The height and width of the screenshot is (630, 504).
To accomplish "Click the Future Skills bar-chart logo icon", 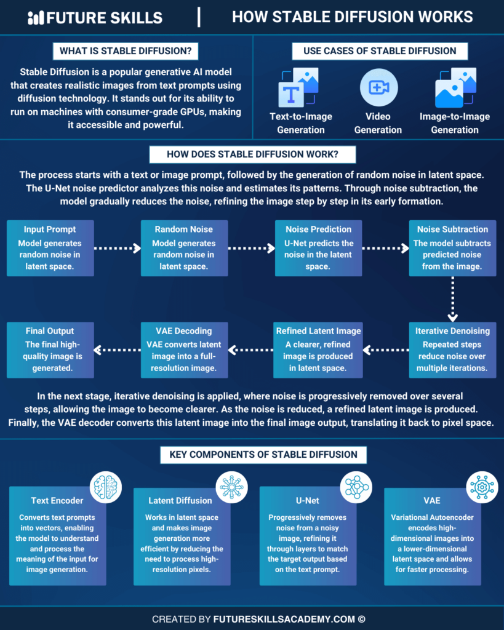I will pyautogui.click(x=36, y=17).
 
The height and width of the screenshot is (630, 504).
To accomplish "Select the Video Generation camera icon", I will pyautogui.click(x=377, y=87).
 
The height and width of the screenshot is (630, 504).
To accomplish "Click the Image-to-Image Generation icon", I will pyautogui.click(x=455, y=87).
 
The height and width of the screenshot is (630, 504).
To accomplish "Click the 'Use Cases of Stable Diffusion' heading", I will pyautogui.click(x=380, y=50).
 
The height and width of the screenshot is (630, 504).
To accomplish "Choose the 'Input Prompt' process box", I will pyautogui.click(x=50, y=248).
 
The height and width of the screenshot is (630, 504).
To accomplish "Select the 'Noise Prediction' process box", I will pyautogui.click(x=318, y=248).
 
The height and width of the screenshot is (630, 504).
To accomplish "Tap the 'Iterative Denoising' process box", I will pyautogui.click(x=452, y=349).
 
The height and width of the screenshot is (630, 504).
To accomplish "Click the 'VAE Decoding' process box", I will pyautogui.click(x=184, y=349).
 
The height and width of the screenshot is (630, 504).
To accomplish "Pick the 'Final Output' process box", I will pyautogui.click(x=50, y=349).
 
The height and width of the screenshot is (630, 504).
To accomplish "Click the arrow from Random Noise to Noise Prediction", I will pyautogui.click(x=251, y=249).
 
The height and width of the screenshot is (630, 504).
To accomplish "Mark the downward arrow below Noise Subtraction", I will pyautogui.click(x=452, y=298).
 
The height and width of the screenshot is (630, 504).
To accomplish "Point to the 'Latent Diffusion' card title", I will pyautogui.click(x=177, y=501).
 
